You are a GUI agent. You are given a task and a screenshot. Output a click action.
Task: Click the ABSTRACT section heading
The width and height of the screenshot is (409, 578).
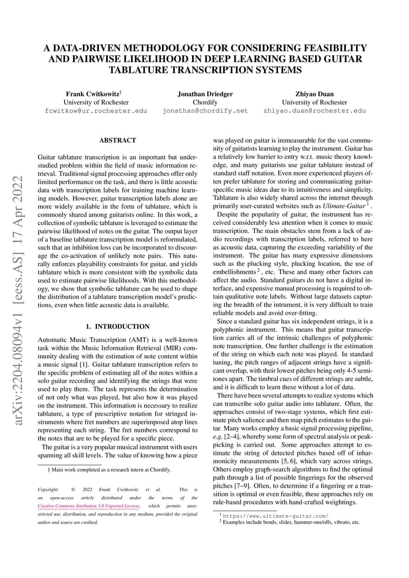[118, 141]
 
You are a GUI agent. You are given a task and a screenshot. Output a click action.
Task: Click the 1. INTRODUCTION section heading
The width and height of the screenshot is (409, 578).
[118, 327]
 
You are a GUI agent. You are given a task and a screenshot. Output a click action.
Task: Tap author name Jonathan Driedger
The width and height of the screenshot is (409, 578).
[205, 94]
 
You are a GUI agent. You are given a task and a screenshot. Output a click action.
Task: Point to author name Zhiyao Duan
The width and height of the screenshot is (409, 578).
[314, 94]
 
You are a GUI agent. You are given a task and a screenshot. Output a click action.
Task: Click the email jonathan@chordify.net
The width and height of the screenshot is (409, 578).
[205, 111]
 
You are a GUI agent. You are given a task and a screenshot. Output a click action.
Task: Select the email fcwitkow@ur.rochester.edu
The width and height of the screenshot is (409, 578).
[96, 111]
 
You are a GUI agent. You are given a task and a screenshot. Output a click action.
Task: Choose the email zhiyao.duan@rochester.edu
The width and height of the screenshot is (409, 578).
[314, 111]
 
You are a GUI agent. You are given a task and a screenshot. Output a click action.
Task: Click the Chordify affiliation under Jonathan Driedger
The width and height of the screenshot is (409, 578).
[205, 102]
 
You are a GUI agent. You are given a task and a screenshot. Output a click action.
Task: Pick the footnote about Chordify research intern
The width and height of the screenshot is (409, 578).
[106, 470]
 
